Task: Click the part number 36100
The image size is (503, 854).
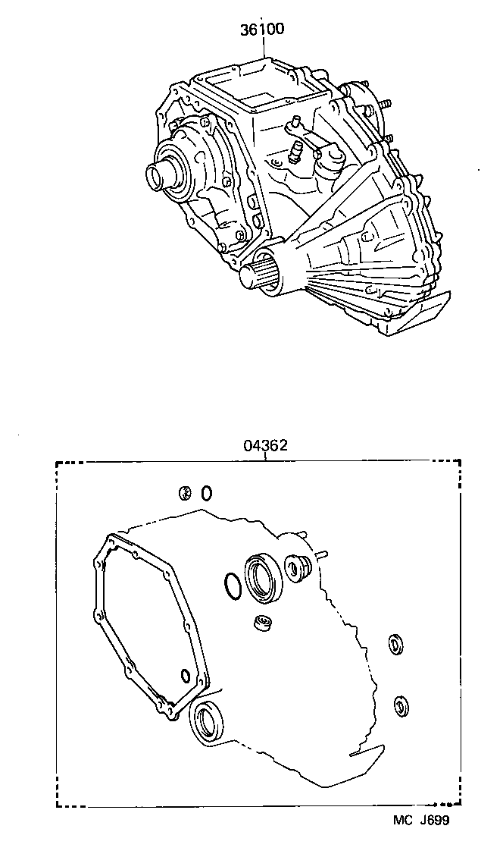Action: point(262,30)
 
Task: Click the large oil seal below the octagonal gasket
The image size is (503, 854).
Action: point(207,721)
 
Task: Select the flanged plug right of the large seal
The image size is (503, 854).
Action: point(295,568)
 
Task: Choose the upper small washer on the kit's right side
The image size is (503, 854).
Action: point(395,645)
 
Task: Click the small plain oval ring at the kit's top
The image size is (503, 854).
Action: point(206,493)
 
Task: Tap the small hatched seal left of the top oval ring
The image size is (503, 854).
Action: point(184,494)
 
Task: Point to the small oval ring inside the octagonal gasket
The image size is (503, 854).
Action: point(185,675)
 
